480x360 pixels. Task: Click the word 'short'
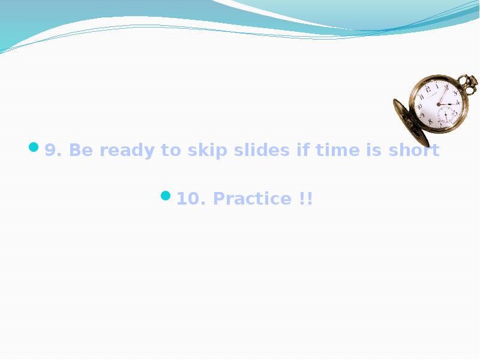tap(413, 150)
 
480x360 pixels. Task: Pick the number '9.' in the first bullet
tap(54, 150)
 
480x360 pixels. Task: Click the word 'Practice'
tap(252, 199)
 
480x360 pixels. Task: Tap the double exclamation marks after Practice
tap(305, 199)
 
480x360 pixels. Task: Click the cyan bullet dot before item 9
tap(34, 147)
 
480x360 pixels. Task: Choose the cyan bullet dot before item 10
tap(166, 196)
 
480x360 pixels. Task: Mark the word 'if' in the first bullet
tap(303, 150)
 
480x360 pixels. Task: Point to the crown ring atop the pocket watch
tap(467, 81)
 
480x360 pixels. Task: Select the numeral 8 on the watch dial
tap(430, 121)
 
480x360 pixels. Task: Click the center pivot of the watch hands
tap(439, 104)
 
